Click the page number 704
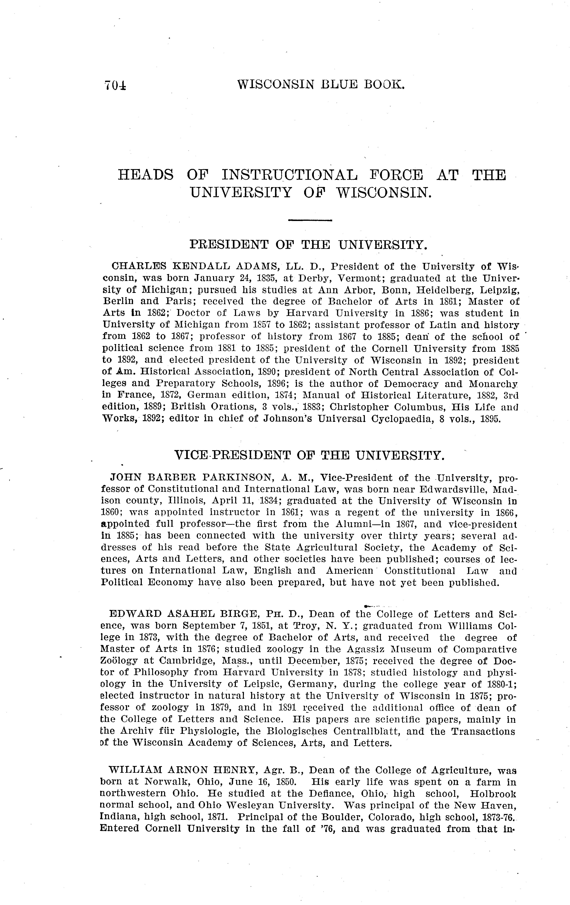pyautogui.click(x=115, y=86)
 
